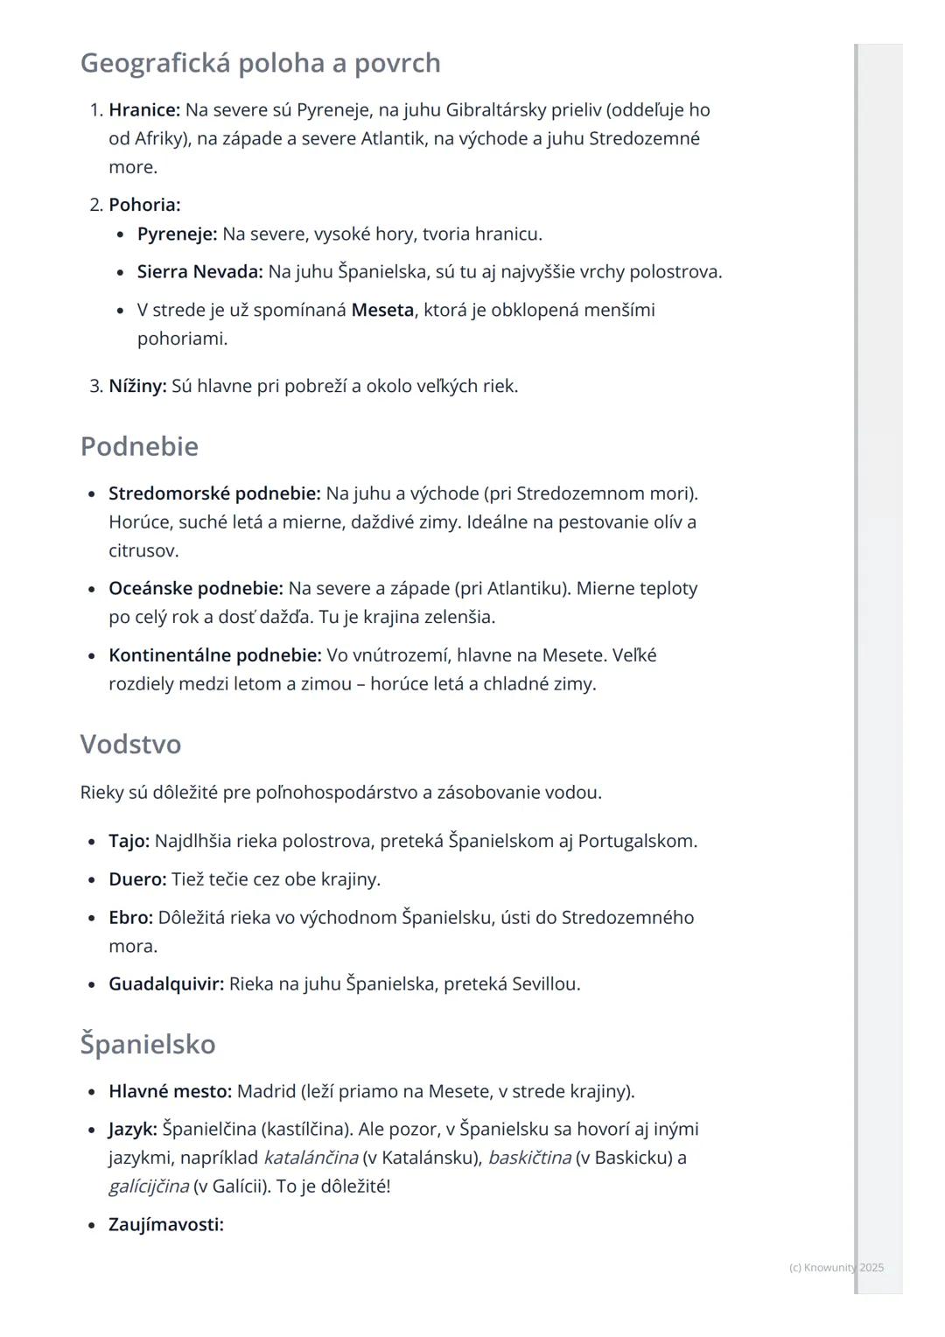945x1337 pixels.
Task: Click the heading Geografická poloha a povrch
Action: [260, 63]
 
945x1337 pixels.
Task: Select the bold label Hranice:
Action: [144, 110]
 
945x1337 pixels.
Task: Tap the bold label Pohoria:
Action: [144, 205]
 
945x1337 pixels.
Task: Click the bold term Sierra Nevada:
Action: [199, 272]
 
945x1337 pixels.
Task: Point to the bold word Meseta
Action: [382, 310]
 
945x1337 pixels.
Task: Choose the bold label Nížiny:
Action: [137, 386]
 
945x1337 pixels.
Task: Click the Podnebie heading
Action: [139, 446]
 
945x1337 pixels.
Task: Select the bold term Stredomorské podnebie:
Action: [214, 493]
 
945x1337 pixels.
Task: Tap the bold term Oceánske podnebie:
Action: [195, 589]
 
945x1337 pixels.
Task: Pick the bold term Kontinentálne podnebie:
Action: [214, 655]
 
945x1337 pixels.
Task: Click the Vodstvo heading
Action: [130, 744]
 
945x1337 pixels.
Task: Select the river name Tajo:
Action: [129, 842]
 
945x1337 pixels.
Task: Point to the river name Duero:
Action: [137, 879]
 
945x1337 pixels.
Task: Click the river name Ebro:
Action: [130, 918]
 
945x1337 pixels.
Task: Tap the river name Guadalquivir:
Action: [166, 984]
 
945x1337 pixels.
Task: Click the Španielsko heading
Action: [148, 1044]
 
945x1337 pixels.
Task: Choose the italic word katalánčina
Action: [311, 1158]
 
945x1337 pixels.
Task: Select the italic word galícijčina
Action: [149, 1186]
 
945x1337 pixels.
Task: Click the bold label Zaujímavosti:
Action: [166, 1225]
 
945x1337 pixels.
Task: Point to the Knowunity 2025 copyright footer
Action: [836, 1267]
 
